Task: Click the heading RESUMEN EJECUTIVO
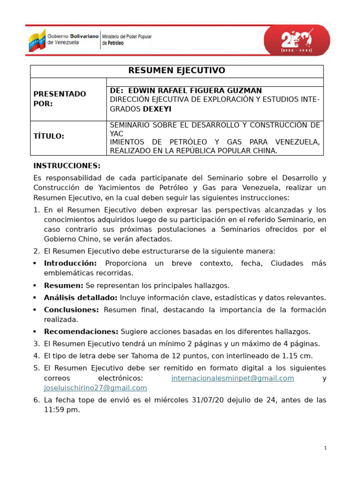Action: [x=177, y=71]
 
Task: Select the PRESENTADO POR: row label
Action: [x=60, y=99]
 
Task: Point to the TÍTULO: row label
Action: [x=49, y=136]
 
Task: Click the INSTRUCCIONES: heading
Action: [x=67, y=166]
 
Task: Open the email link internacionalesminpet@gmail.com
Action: [x=232, y=378]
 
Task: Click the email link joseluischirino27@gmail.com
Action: [x=95, y=388]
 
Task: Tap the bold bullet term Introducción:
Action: [x=70, y=263]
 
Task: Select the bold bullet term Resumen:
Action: [x=63, y=285]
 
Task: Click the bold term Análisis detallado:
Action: [x=81, y=298]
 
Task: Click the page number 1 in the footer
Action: [x=325, y=448]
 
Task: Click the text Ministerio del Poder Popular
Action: [x=127, y=37]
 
